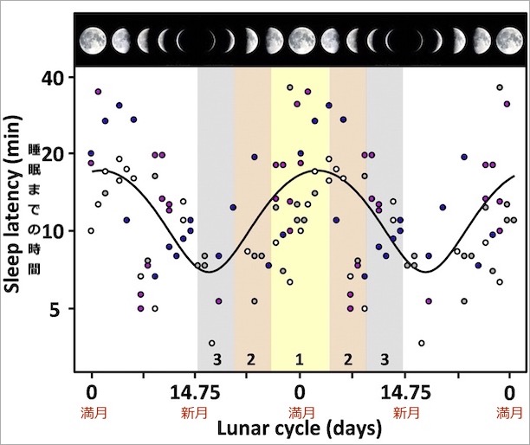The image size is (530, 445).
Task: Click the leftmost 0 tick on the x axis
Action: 92,390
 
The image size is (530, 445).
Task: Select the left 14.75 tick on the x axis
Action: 196,390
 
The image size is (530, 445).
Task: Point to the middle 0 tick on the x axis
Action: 301,390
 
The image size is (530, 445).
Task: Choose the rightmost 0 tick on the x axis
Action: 509,390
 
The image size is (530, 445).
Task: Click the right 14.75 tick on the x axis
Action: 404,390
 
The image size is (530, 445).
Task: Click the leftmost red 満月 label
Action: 92,410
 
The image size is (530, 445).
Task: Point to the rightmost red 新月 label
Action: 404,410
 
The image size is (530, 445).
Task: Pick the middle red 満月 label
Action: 301,410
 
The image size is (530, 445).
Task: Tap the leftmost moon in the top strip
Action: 93,39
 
